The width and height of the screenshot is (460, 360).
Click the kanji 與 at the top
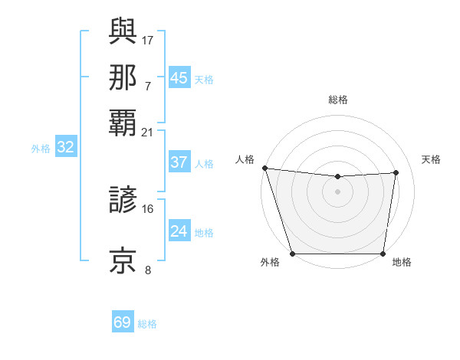click(123, 31)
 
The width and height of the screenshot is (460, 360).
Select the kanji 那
click(123, 77)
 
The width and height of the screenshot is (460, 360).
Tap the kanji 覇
click(123, 123)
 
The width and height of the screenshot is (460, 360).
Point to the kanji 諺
click(123, 201)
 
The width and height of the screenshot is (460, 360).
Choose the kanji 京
click(123, 260)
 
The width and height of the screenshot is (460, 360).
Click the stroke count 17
click(148, 39)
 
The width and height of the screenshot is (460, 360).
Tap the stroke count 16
click(148, 208)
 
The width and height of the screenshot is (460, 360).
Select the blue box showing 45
click(179, 78)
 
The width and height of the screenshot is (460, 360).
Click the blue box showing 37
click(179, 162)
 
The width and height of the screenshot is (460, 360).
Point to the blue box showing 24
click(179, 231)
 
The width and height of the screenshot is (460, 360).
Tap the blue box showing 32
click(65, 148)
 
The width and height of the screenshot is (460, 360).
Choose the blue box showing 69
click(123, 322)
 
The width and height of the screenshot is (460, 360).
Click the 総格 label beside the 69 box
click(147, 324)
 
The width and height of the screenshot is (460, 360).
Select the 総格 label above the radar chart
click(337, 100)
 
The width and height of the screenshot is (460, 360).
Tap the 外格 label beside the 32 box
click(41, 149)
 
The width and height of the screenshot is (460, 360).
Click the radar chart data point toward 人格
click(264, 168)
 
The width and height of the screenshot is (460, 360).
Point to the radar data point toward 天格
click(396, 172)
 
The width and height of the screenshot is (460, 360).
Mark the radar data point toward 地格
click(383, 254)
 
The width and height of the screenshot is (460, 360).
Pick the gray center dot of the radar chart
click(337, 191)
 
